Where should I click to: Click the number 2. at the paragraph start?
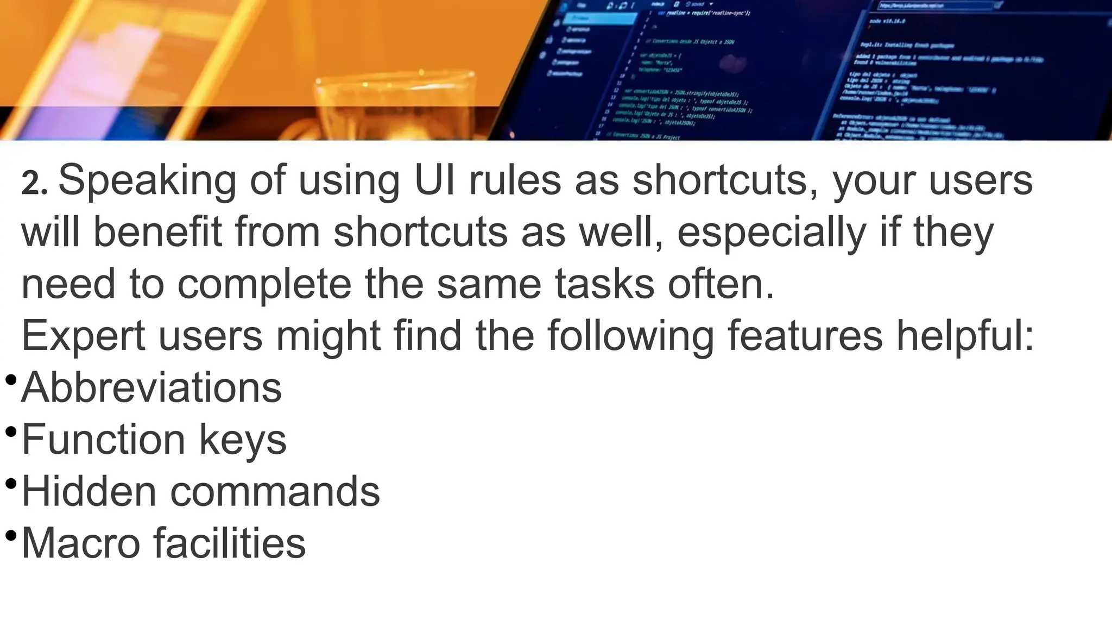coord(34,185)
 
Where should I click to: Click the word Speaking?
coord(147,181)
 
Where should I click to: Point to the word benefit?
coord(157,232)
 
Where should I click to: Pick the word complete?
coord(264,284)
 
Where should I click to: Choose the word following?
coord(631,336)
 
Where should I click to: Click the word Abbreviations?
coord(151,387)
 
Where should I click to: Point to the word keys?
coord(242,440)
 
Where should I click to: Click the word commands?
coord(275,492)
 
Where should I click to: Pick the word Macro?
coord(80,543)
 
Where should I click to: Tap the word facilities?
coord(230,543)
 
